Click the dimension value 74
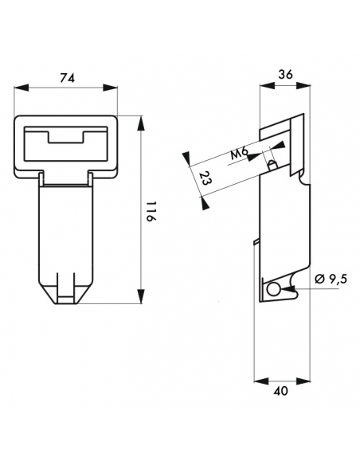pos(68,77)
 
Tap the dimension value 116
pos(151,212)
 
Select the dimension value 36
pos(285,74)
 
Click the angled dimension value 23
pos(205,178)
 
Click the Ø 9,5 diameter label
pos(331,279)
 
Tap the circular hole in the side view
pos(273,289)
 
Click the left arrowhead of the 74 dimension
pos(22,88)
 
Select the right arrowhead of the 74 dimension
pos(110,88)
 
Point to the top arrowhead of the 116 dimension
pos(142,123)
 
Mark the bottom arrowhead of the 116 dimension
pos(142,296)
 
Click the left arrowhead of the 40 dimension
pos(261,381)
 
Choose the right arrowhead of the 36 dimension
pos(303,86)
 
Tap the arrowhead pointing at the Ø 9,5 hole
pos(289,288)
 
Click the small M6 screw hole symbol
pos(272,165)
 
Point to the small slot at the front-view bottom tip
pos(65,299)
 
